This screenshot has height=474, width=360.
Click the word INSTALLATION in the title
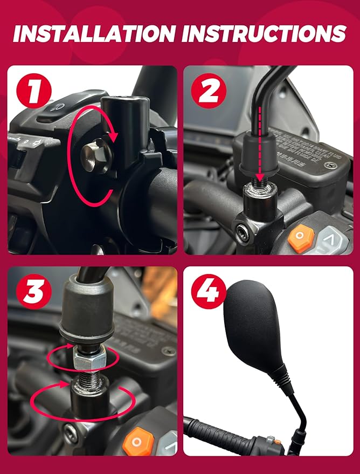tap(94, 33)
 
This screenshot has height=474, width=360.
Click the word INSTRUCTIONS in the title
tap(264, 33)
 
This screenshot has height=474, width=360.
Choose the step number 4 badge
tap(208, 293)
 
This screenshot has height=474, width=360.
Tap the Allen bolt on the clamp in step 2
tap(243, 232)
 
